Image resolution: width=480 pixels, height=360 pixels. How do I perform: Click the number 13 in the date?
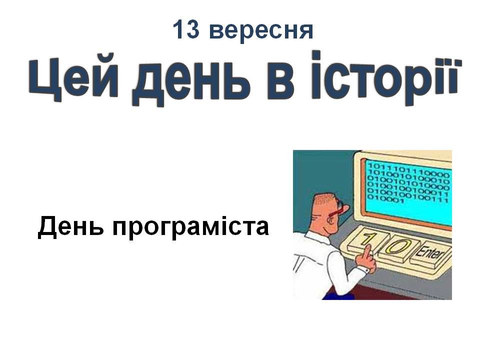186,29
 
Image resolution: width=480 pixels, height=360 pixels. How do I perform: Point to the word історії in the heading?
386,78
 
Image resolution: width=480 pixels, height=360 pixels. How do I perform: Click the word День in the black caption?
70,227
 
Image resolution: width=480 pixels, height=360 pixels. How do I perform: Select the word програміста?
190,228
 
